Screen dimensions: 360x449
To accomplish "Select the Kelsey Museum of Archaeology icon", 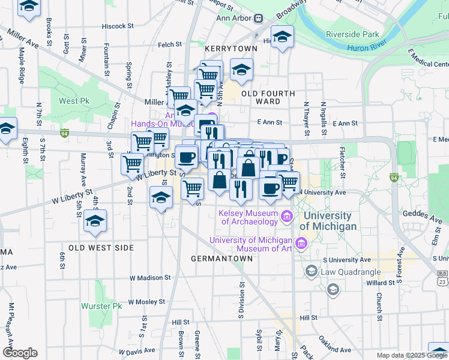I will pos(286,216).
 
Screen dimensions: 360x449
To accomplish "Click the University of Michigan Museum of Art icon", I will pos(301,244).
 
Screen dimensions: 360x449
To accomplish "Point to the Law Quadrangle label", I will pos(346,271).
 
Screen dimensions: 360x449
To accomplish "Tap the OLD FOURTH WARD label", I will pos(268,97).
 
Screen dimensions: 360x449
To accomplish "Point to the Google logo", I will pos(20,353).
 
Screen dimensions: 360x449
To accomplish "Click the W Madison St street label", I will pos(150,278).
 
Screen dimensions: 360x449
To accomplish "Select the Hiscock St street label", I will pos(117,26).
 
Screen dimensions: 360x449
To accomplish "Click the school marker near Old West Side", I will pos(95,221).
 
